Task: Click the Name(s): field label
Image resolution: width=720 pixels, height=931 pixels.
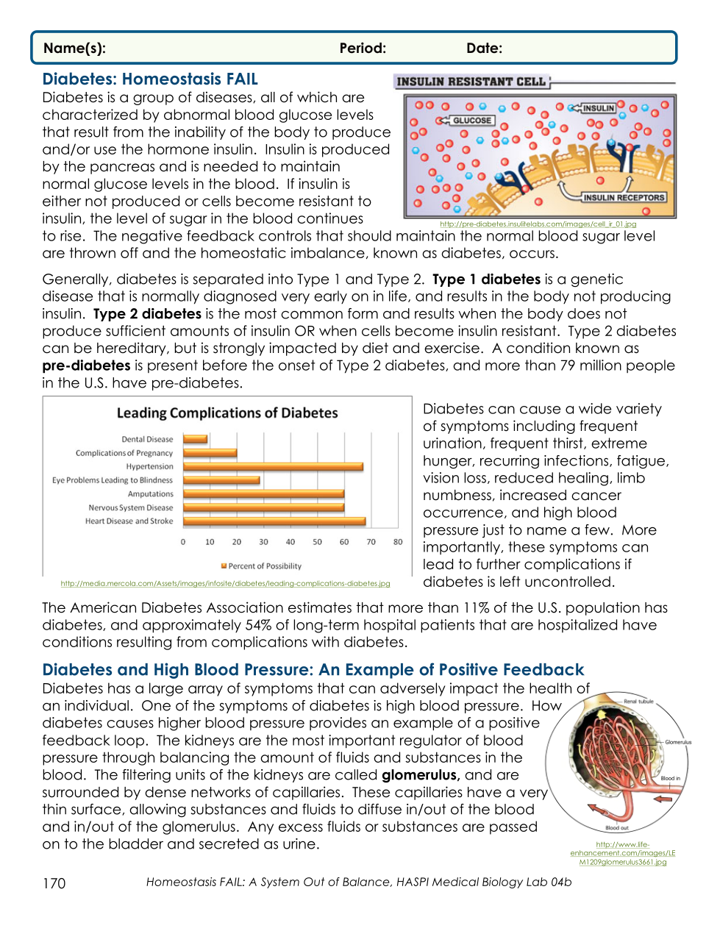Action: point(74,49)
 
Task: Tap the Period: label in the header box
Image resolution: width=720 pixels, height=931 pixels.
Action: point(363,49)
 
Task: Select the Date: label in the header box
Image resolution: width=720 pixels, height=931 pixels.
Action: point(484,49)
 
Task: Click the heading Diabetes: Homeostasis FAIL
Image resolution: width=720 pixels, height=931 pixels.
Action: point(150,79)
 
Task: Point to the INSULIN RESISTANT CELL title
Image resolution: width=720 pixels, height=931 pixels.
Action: point(471,82)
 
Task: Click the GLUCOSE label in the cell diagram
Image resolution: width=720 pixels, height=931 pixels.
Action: point(471,121)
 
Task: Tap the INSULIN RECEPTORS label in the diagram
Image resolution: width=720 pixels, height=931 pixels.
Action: point(624,197)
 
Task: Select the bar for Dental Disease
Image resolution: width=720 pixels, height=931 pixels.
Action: point(195,439)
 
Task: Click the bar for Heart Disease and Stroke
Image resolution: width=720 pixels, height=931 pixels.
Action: point(274,521)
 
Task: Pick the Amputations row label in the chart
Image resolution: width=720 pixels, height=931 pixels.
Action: point(151,494)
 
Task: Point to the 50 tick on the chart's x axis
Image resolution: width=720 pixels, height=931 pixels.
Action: point(317,542)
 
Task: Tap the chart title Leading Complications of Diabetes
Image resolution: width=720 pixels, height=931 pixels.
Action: point(227,413)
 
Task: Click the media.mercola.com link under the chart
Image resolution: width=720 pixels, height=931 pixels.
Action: point(225,584)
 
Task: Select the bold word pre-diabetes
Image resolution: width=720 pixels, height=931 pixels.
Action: point(86,366)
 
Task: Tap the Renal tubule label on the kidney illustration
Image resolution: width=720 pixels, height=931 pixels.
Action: point(638,702)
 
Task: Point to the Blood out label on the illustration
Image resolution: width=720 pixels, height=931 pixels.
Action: point(617,828)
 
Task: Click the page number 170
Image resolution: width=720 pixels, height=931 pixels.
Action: point(54,883)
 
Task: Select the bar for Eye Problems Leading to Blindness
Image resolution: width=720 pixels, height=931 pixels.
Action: point(221,480)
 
